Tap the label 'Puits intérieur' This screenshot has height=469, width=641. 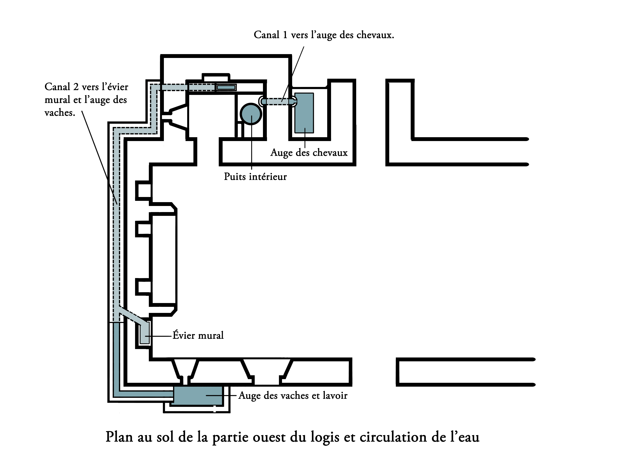click(x=255, y=177)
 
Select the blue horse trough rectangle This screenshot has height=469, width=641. click(x=304, y=113)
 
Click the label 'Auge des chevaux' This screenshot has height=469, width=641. click(x=309, y=153)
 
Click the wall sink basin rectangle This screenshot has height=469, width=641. click(x=145, y=334)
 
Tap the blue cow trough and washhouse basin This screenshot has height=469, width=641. click(x=198, y=395)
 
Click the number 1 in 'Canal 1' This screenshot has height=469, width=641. click(x=285, y=35)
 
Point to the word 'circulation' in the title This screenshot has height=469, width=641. click(x=393, y=437)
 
